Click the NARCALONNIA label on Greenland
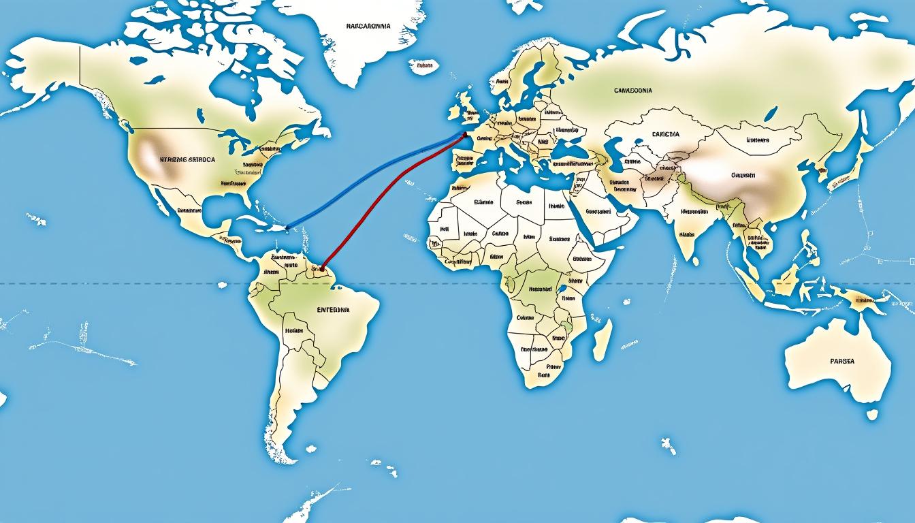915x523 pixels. point(368,26)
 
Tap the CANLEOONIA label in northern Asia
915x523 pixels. point(632,90)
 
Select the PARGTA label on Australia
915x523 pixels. point(842,361)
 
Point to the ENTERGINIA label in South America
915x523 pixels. point(333,310)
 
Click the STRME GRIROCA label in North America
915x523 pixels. point(187,159)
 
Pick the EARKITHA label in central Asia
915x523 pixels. point(665,135)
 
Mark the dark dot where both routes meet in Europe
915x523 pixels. point(465,134)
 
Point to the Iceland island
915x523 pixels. point(423,66)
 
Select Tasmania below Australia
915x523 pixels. point(872,413)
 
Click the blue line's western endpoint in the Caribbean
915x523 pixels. point(287,227)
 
